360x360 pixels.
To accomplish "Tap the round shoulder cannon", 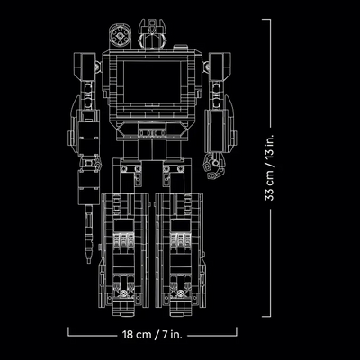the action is (x=120, y=36).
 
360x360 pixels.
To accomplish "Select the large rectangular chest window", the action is (x=153, y=82).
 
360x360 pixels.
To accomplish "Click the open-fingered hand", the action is (x=214, y=166).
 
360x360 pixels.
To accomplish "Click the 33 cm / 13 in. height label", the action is (x=270, y=168).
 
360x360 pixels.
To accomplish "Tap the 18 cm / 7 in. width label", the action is (x=152, y=334).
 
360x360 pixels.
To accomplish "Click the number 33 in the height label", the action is (x=270, y=194).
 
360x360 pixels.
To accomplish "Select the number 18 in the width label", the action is (x=128, y=334).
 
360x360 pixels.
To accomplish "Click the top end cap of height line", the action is (x=266, y=20).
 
